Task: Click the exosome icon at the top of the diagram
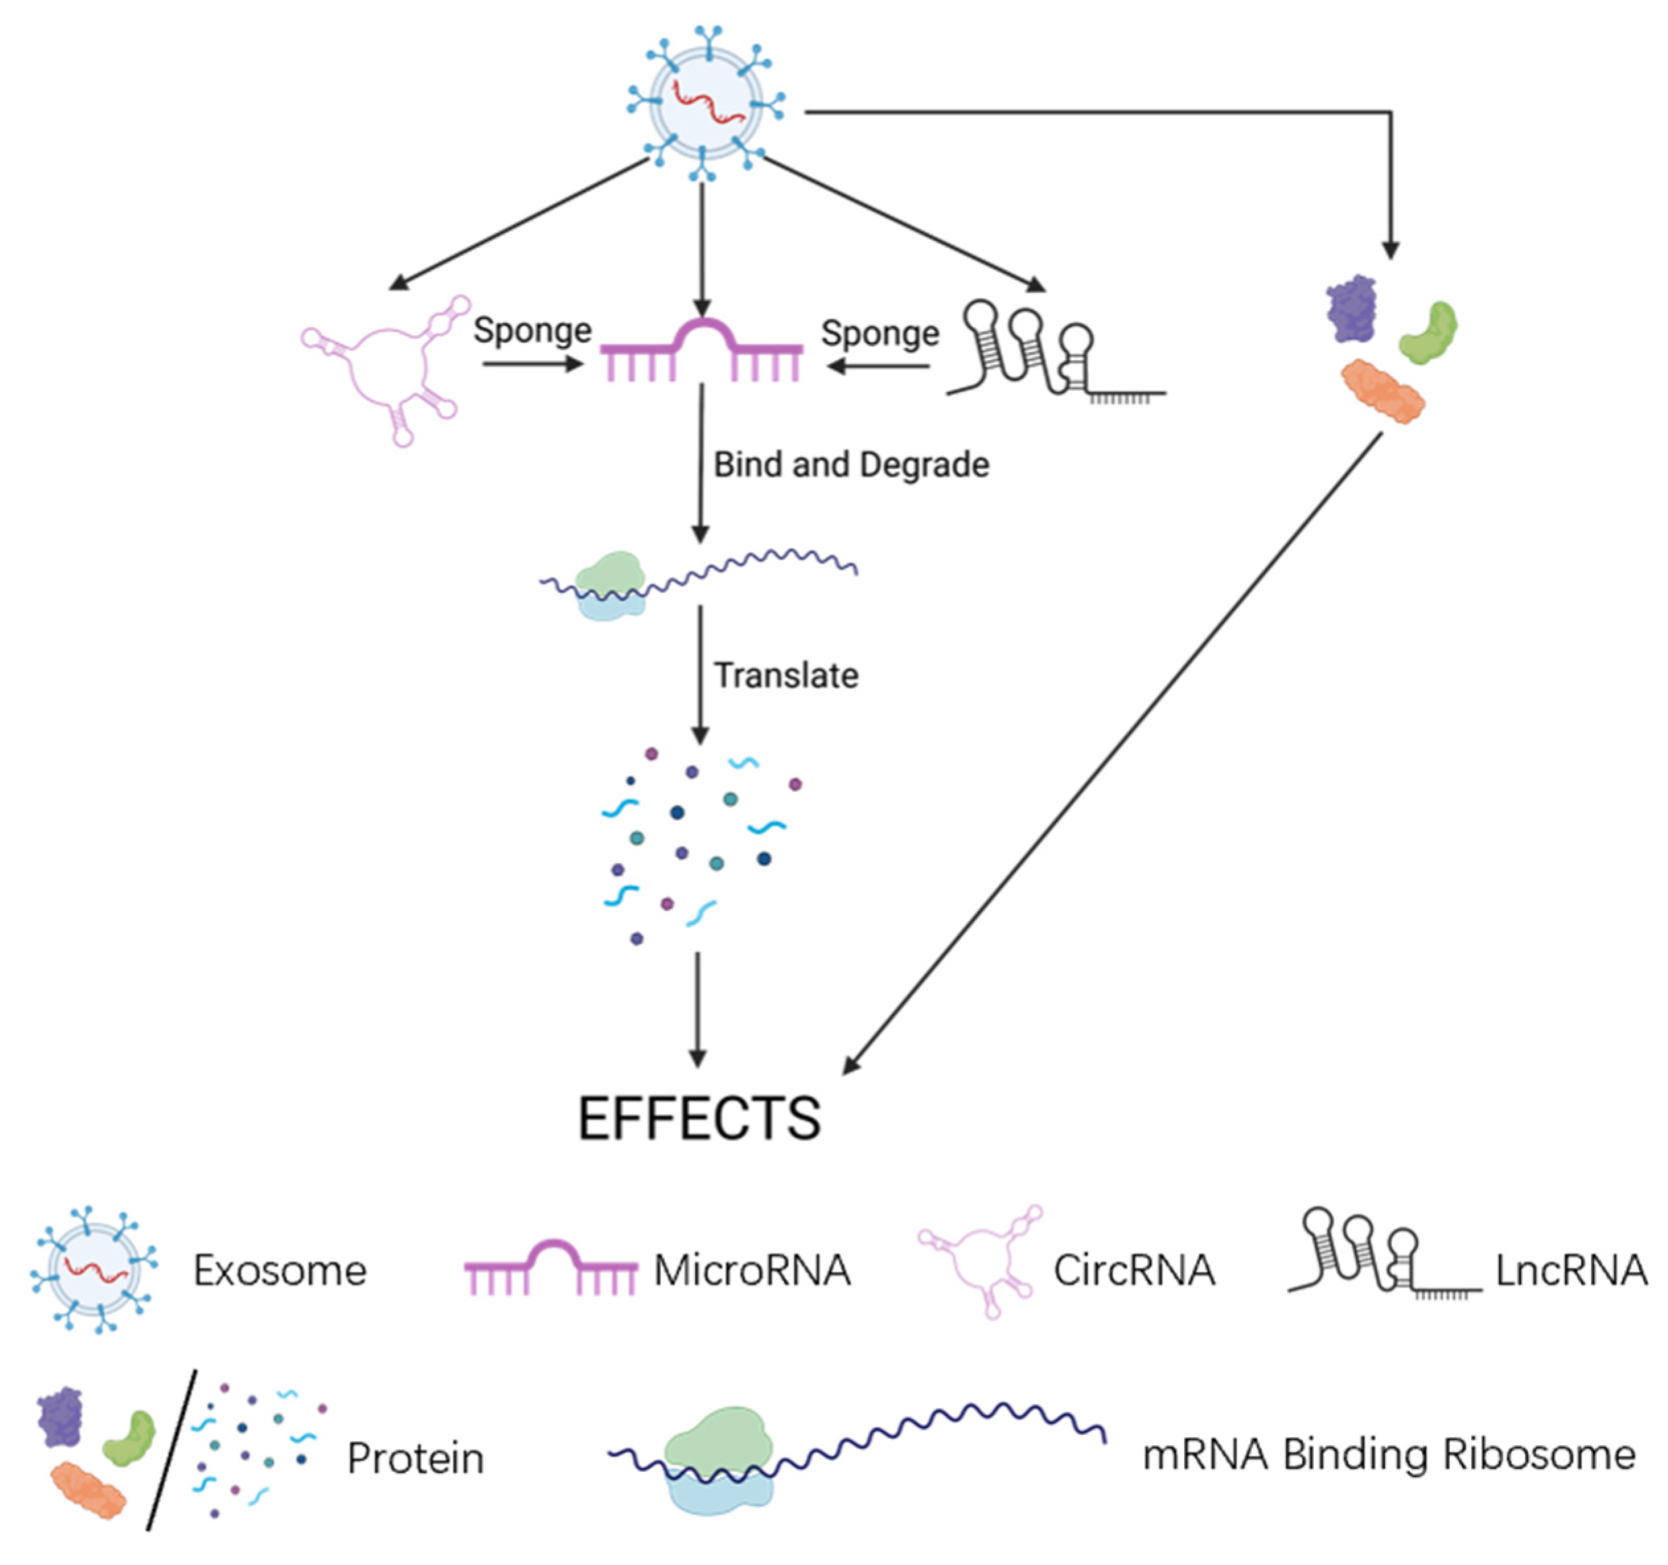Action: [704, 105]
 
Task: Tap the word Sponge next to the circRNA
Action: [532, 330]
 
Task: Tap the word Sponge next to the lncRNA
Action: [880, 333]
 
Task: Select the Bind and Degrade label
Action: [851, 464]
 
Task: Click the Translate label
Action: [786, 675]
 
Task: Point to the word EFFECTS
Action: [699, 1119]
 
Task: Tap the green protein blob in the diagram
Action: [1429, 333]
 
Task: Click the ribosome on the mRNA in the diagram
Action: [610, 586]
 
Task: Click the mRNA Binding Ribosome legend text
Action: [1388, 1454]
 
